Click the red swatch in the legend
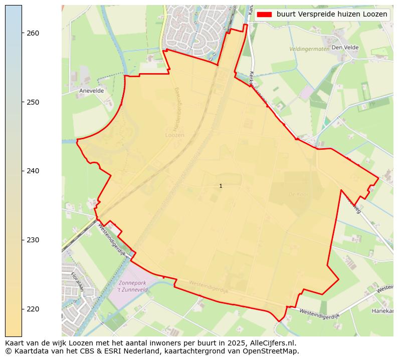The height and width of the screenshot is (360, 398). coord(264,15)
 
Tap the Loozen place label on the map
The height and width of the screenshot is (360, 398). coord(175,135)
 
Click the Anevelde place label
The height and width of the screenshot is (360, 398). coord(91,91)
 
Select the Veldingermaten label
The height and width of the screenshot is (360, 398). coord(309,49)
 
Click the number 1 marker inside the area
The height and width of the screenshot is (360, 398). coord(221,186)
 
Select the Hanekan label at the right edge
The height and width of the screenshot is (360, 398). coord(382,311)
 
